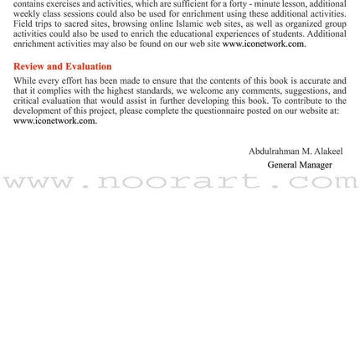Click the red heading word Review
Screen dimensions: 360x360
point(30,66)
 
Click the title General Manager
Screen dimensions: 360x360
point(299,165)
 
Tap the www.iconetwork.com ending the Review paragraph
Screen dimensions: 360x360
point(54,121)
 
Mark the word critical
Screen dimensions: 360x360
point(27,100)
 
